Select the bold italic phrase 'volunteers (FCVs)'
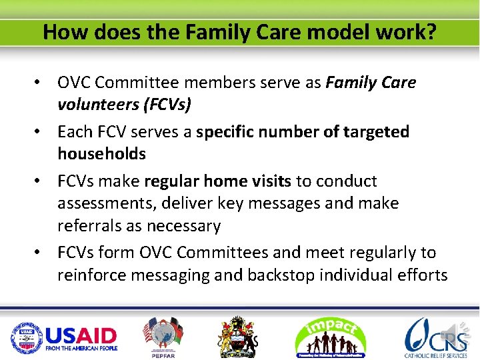[x=125, y=104]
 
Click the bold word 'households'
[x=101, y=153]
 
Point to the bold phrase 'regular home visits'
[x=217, y=181]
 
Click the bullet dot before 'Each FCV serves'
[x=41, y=132]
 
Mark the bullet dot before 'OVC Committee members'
[x=41, y=83]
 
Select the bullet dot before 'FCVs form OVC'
[x=41, y=253]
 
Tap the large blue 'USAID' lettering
[x=81, y=335]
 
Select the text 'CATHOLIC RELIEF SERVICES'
[x=436, y=356]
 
